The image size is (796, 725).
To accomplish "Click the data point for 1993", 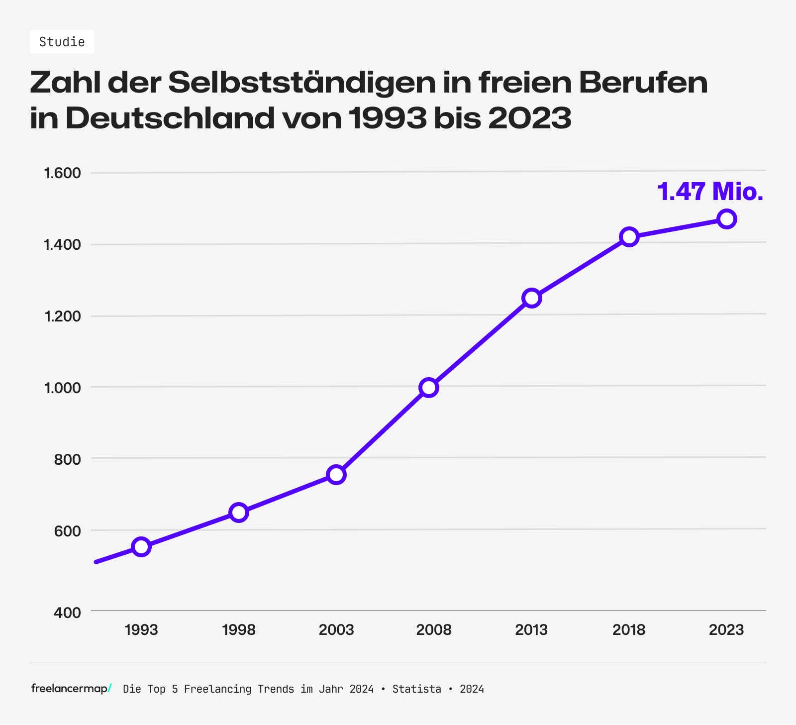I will point(141,547).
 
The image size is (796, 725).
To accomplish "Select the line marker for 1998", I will point(239,512).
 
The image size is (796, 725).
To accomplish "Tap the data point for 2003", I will point(336,475).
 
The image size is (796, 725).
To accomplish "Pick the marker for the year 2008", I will point(429,387).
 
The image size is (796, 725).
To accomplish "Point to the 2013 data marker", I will point(531,298).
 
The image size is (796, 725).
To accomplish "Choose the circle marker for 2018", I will point(629,237).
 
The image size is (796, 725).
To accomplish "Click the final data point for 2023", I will point(726,219).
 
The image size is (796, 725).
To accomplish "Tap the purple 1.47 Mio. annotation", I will point(710,192).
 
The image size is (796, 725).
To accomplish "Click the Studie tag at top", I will point(62,42).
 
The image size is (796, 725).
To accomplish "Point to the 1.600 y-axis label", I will point(62,173).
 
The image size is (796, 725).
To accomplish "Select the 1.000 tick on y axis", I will point(62,388).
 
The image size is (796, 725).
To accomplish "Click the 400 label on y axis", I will point(67,613).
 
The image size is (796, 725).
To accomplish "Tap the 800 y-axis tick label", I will point(67,459).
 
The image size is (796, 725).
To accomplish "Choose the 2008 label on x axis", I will point(434,630).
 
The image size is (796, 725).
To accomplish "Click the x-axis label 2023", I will point(726,630).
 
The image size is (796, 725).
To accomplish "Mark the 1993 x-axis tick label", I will point(141,630).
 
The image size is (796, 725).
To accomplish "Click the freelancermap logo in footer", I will point(71,689).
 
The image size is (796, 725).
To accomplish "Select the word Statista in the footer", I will point(416,689).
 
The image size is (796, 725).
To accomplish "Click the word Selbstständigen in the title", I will point(302,83).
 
